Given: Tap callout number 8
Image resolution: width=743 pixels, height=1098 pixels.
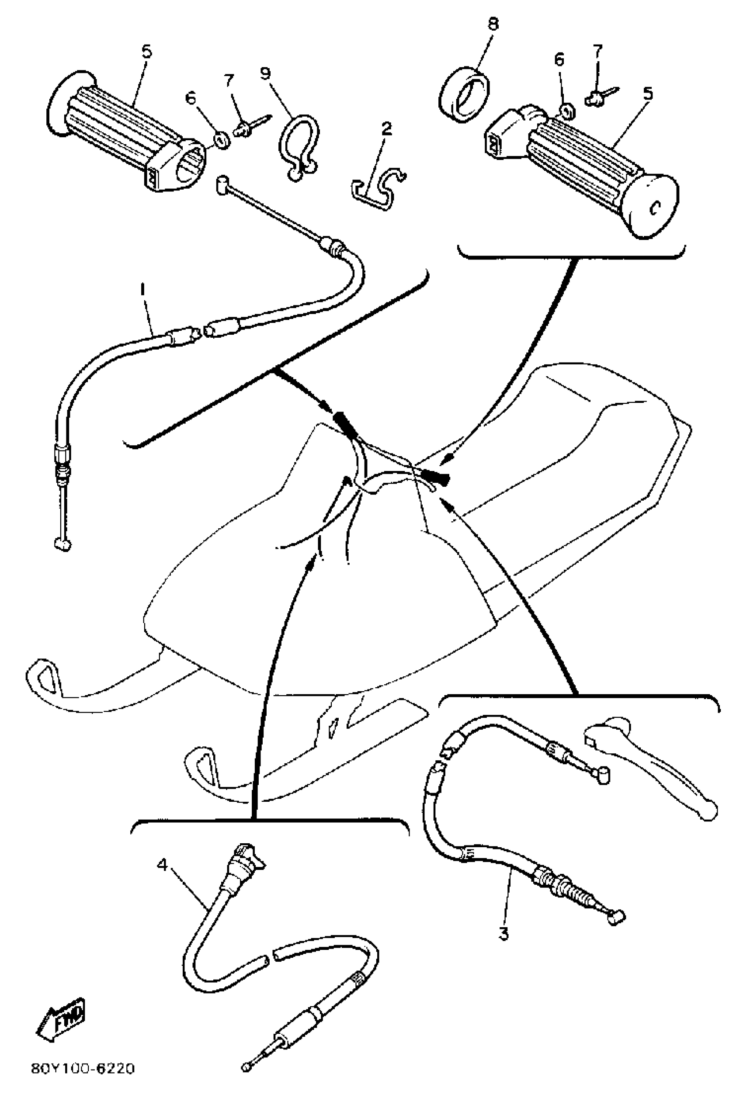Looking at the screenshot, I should [493, 24].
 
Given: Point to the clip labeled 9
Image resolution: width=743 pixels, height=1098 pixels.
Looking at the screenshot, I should [300, 145].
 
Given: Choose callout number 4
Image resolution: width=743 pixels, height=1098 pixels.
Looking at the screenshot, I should [162, 865].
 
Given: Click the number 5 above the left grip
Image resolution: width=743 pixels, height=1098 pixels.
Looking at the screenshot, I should [147, 51].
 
